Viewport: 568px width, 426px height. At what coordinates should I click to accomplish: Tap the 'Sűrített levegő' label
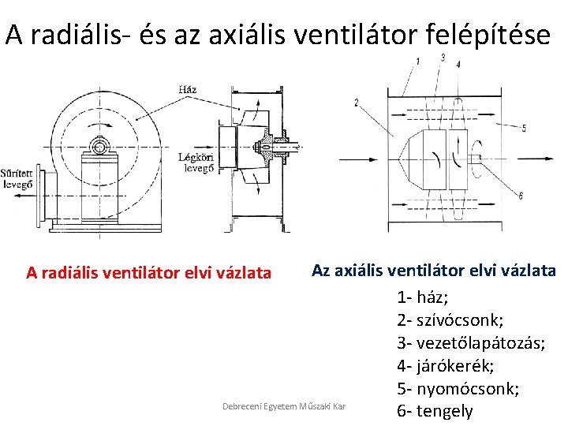pos(17,178)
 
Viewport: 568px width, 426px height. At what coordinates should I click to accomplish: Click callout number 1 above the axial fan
pos(417,62)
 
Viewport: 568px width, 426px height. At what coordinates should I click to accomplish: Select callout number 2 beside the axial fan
pos(357,103)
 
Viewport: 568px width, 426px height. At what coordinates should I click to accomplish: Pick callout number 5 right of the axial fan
pos(524,128)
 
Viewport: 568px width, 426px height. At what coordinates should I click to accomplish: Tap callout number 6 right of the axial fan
pos(521,195)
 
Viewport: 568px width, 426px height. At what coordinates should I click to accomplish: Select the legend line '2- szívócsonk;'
pos(450,320)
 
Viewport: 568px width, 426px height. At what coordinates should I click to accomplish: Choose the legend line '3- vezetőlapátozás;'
pos(471,343)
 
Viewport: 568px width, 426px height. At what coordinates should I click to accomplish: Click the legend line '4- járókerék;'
pos(446,366)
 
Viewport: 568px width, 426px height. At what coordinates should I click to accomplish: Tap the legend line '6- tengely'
pos(435,411)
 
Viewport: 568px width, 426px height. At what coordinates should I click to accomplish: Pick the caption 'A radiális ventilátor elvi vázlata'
pos(148,273)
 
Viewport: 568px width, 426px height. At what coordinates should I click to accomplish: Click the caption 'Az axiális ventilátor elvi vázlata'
pos(434,271)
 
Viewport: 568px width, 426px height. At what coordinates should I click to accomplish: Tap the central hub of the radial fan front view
pos(99,146)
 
